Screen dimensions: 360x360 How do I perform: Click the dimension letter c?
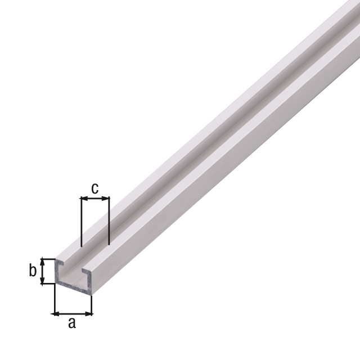pyautogui.click(x=95, y=188)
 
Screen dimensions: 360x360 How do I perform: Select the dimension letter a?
pyautogui.click(x=72, y=323)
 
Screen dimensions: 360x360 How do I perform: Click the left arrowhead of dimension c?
pyautogui.click(x=84, y=198)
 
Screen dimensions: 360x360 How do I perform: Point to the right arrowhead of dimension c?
pyautogui.click(x=106, y=198)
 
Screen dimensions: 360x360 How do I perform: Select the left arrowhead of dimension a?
pyautogui.click(x=57, y=314)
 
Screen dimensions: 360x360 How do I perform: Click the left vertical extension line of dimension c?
pyautogui.click(x=81, y=222)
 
